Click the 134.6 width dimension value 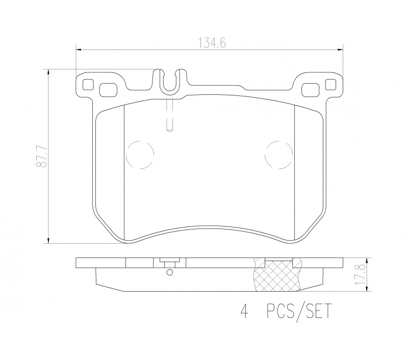pyautogui.click(x=212, y=43)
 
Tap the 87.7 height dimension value pyautogui.click(x=42, y=157)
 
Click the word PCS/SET pyautogui.click(x=299, y=311)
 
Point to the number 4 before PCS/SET pyautogui.click(x=244, y=311)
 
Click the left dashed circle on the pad pyautogui.click(x=140, y=155)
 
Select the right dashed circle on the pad pyautogui.click(x=278, y=155)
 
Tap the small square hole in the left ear pyautogui.click(x=88, y=84)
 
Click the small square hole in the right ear pyautogui.click(x=330, y=84)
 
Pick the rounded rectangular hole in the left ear pyautogui.click(x=108, y=90)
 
